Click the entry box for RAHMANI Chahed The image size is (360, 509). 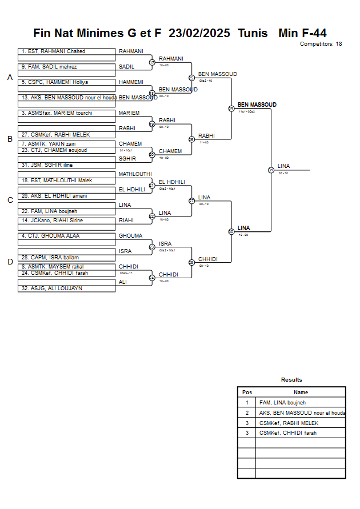(x=66, y=51)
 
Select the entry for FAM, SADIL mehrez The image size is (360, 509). (x=66, y=67)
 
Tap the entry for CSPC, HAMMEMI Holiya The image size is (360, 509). (x=66, y=82)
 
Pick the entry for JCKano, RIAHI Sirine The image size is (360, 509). (x=66, y=220)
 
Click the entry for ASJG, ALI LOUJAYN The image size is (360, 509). (x=66, y=288)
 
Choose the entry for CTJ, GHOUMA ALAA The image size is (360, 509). (x=66, y=235)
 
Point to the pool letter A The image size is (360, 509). (x=10, y=77)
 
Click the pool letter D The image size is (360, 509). (x=10, y=262)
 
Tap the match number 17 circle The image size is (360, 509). (x=152, y=62)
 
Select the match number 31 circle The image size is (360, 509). (x=271, y=170)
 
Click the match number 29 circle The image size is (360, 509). (x=231, y=109)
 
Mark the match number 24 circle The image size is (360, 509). (x=152, y=278)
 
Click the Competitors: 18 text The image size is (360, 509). (x=321, y=43)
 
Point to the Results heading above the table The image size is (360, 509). (x=291, y=379)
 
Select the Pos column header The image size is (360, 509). (x=247, y=392)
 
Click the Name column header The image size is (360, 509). (x=301, y=392)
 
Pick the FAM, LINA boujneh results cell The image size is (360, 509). (x=301, y=403)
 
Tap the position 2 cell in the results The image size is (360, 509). (x=247, y=412)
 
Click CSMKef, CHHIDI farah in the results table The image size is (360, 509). (x=301, y=433)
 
